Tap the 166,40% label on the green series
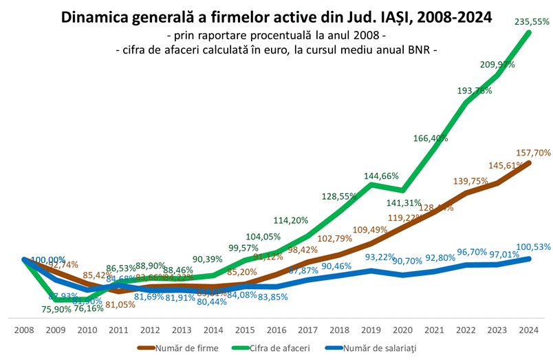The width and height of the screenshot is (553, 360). pos(431,138)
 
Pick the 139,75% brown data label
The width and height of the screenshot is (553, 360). pos(470,181)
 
